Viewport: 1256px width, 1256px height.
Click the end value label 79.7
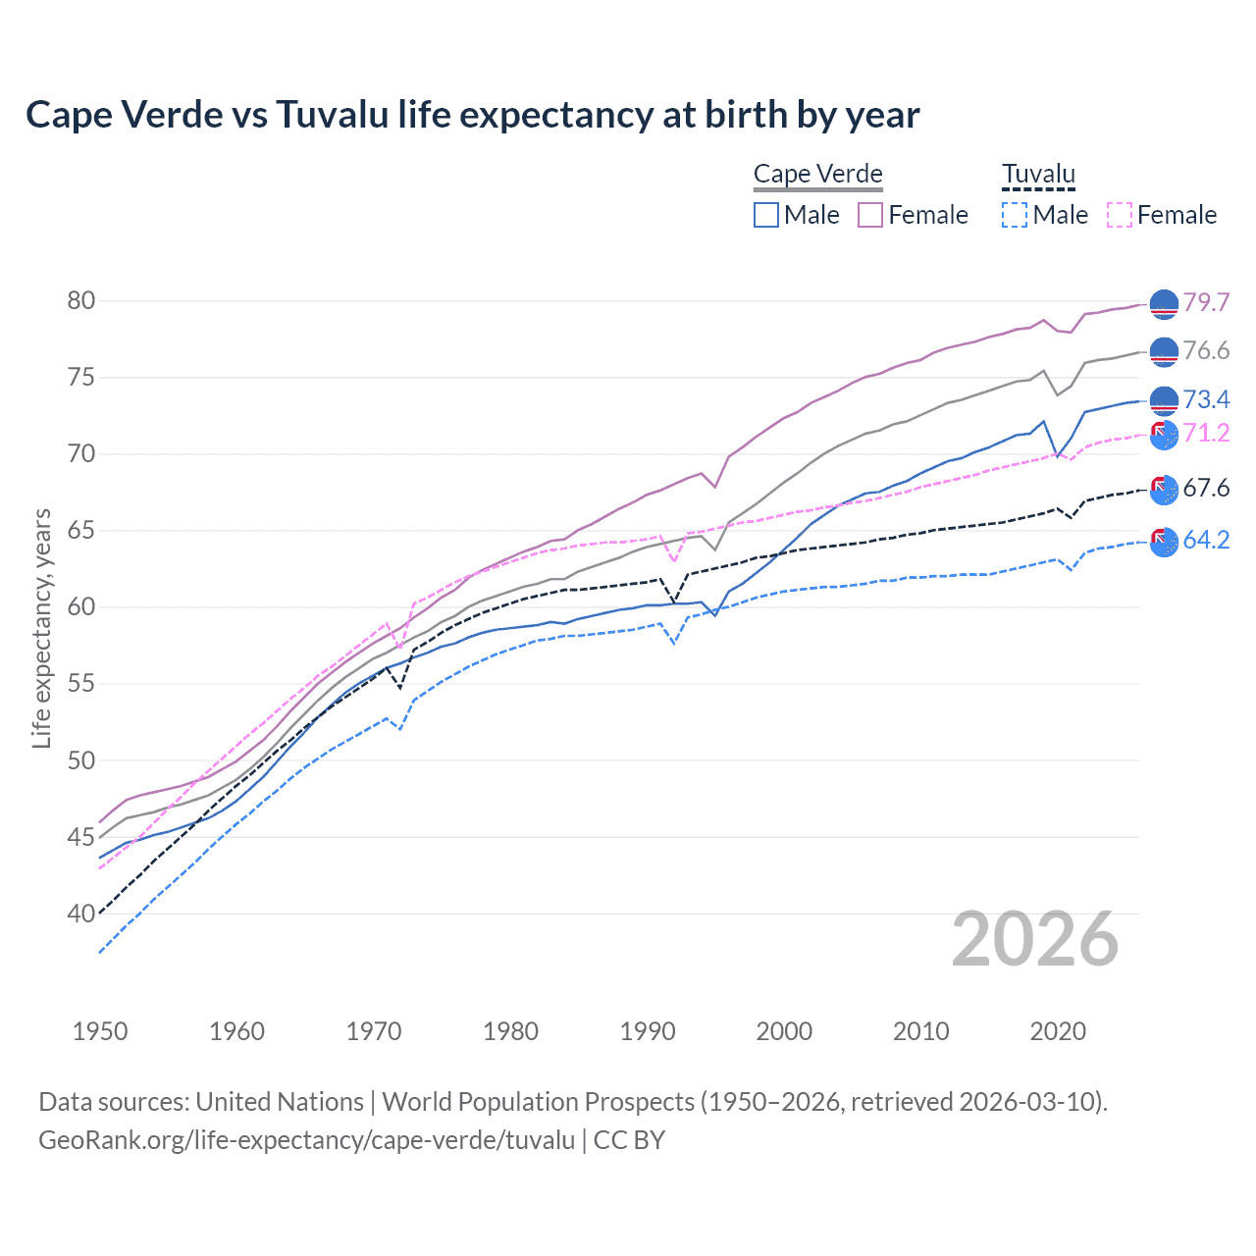point(1206,302)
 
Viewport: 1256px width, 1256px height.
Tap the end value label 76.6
point(1206,351)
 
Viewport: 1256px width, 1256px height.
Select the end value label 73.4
point(1206,399)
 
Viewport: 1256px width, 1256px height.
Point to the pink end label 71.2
point(1206,433)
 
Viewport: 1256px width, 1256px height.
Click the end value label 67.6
point(1206,488)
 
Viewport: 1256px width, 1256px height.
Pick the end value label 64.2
point(1206,540)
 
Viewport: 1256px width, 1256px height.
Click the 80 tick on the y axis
point(81,300)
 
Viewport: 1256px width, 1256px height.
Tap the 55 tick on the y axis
point(81,683)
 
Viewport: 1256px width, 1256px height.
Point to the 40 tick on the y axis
point(81,914)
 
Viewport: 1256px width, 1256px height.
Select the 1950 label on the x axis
point(100,1031)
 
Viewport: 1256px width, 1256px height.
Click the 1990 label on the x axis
point(648,1031)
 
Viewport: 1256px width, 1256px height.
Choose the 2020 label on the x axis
point(1058,1031)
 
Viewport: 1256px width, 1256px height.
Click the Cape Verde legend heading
point(817,174)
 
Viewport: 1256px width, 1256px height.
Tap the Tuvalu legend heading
point(1038,174)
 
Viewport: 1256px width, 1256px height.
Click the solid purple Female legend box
point(870,215)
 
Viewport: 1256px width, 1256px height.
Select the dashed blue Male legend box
point(1015,215)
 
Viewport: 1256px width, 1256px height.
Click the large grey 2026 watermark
point(1034,940)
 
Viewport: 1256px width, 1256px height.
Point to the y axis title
point(41,628)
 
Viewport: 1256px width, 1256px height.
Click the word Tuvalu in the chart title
point(332,115)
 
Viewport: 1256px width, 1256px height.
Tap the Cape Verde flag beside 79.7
point(1163,304)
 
